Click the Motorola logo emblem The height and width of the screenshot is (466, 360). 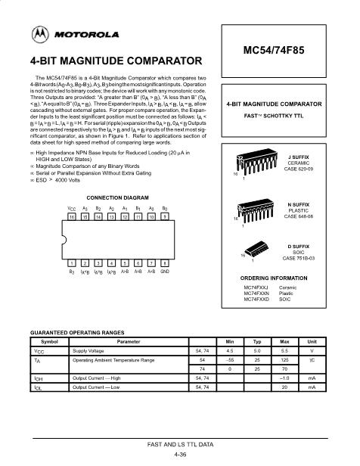click(39, 33)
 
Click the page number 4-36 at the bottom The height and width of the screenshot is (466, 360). click(181, 455)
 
